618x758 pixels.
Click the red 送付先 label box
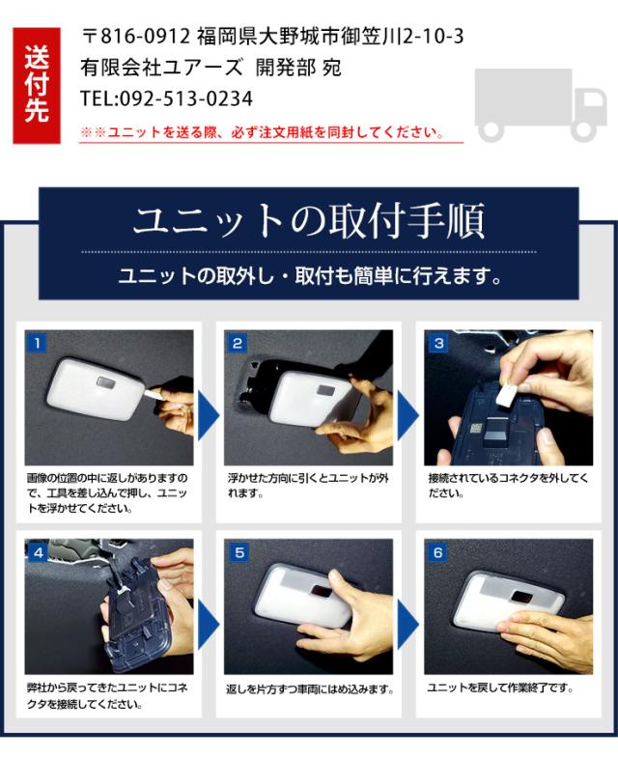(37, 86)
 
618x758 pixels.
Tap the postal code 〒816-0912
(136, 37)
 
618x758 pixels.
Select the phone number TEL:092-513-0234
(166, 98)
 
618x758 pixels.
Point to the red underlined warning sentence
(263, 132)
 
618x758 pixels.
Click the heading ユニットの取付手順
(308, 222)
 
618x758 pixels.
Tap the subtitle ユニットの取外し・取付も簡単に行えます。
(310, 276)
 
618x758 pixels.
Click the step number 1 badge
(37, 343)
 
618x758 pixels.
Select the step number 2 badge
(237, 343)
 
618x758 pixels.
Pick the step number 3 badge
(438, 343)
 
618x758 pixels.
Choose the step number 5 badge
(239, 552)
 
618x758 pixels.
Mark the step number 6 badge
(438, 552)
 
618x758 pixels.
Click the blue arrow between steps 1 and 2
(208, 416)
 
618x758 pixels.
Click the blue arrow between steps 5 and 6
(407, 625)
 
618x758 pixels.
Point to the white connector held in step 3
(507, 392)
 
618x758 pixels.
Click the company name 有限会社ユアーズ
(161, 68)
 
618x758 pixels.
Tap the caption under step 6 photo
(500, 688)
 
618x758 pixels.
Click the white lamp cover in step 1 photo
(96, 389)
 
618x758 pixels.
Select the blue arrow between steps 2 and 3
(407, 416)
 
